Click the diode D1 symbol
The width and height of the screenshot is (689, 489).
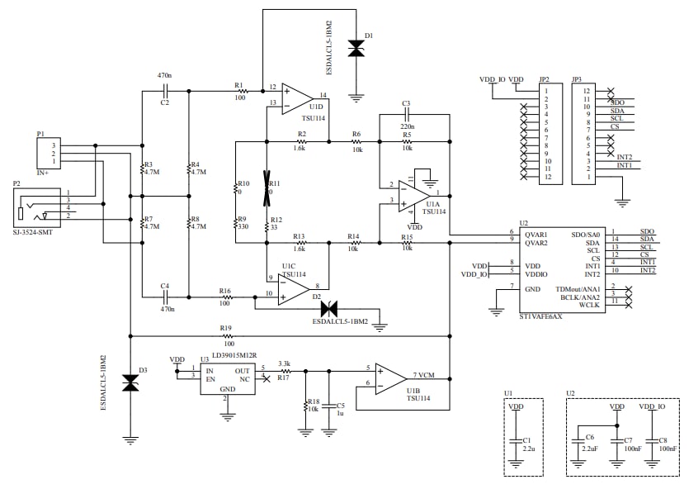pos(356,49)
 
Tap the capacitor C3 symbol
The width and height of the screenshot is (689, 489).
pos(405,115)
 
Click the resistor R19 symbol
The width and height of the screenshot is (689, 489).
pos(226,337)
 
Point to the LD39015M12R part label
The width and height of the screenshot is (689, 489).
pos(238,355)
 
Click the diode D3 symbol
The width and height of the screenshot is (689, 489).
pos(130,382)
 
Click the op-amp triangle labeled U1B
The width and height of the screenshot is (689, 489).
pos(389,378)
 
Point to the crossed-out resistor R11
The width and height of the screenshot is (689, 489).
pos(267,188)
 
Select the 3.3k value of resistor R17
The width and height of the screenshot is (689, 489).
pos(285,363)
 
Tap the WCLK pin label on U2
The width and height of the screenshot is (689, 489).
pos(588,305)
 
